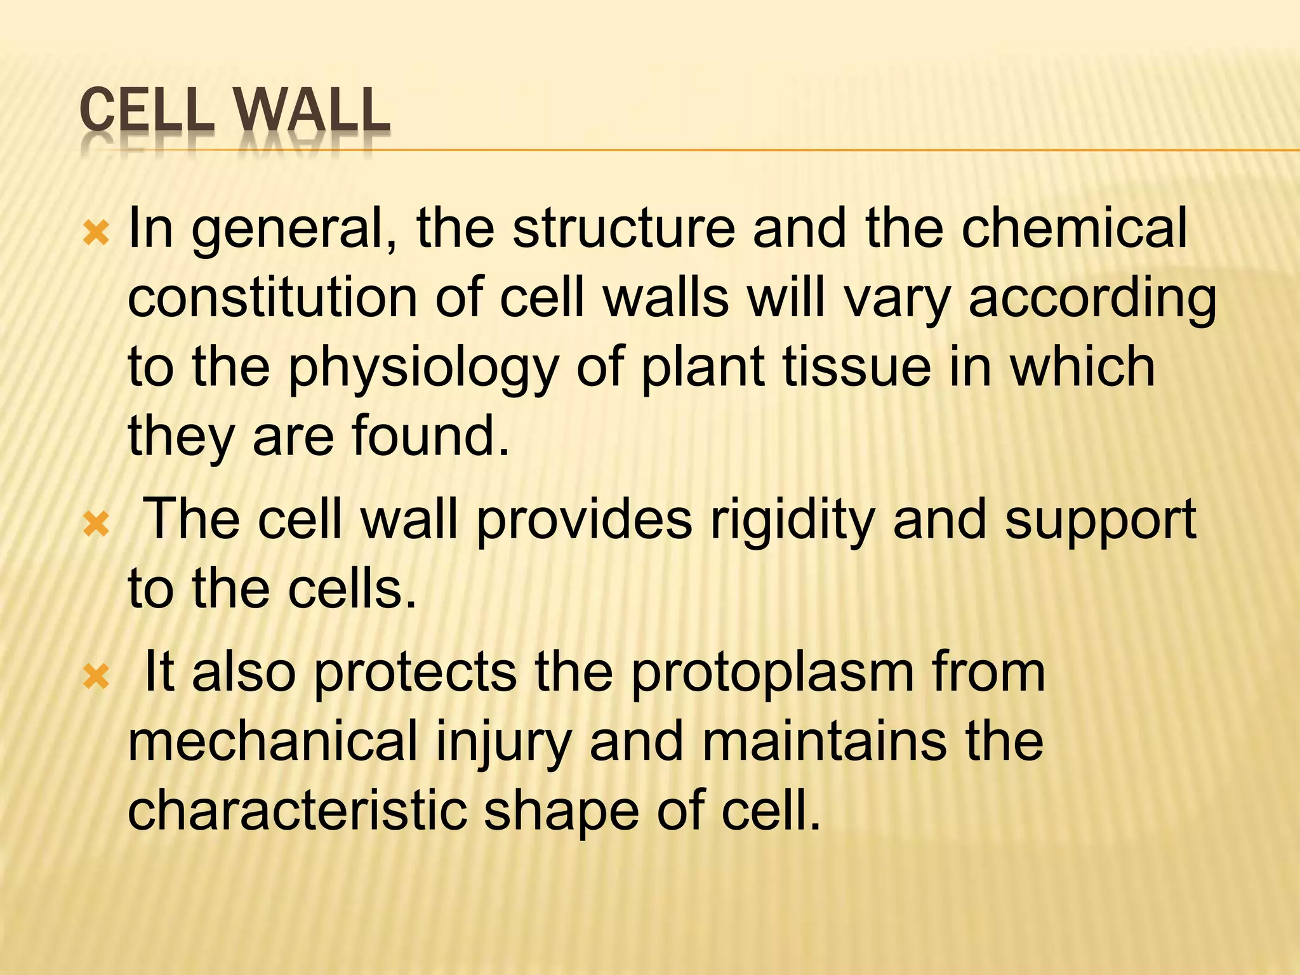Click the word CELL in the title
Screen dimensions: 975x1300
point(145,112)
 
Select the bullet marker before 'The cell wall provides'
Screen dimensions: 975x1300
point(96,525)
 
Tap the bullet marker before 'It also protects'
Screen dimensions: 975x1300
point(96,679)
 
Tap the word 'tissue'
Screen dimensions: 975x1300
point(856,368)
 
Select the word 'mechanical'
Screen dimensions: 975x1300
point(273,741)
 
